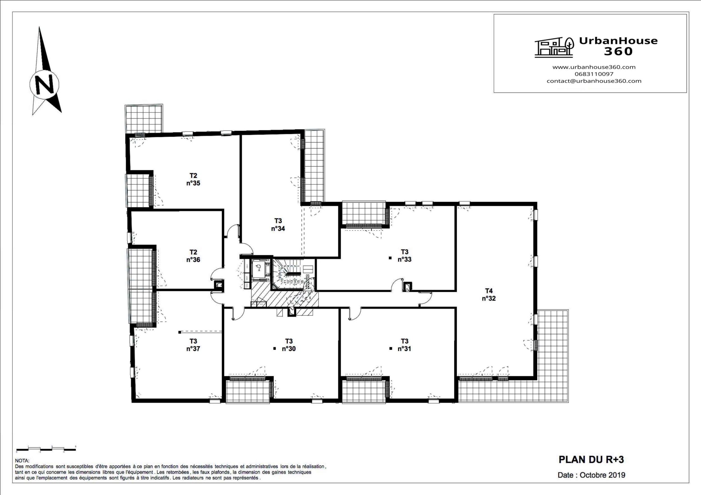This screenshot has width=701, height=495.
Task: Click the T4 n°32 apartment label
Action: point(489,295)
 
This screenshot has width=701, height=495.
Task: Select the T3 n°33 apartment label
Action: point(405,255)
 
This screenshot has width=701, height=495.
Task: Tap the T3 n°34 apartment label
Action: point(278,224)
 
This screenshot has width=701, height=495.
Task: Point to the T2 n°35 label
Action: point(193,179)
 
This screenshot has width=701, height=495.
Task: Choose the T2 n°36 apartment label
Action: point(193,256)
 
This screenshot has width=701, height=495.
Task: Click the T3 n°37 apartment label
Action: point(193,345)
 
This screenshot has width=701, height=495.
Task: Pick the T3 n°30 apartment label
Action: point(289,345)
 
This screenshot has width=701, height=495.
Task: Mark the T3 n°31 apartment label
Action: point(405,345)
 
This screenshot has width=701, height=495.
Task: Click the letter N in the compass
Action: point(44,84)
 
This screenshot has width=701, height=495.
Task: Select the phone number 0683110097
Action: point(594,74)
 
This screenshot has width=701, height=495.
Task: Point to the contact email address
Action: point(594,81)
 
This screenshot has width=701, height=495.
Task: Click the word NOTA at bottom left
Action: point(22,461)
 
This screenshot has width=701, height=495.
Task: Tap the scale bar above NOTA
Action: point(46,449)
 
